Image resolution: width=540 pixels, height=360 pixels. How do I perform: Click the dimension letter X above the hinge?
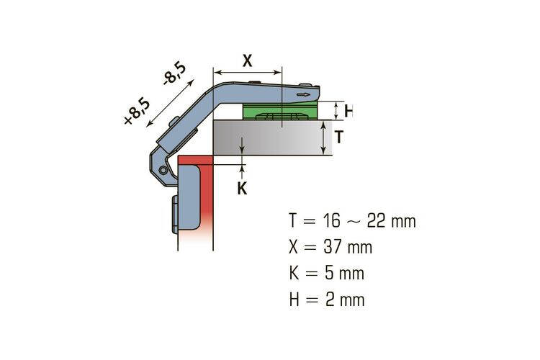pyautogui.click(x=247, y=61)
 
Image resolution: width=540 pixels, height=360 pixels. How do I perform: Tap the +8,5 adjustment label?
pyautogui.click(x=137, y=112)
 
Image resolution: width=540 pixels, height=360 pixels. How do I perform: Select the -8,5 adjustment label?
pyautogui.click(x=175, y=73)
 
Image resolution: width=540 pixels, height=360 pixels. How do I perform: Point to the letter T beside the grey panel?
pyautogui.click(x=339, y=137)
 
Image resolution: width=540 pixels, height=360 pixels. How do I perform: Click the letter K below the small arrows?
pyautogui.click(x=242, y=189)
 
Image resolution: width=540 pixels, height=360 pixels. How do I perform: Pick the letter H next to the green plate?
pyautogui.click(x=348, y=111)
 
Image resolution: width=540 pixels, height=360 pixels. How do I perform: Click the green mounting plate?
pyautogui.click(x=279, y=111)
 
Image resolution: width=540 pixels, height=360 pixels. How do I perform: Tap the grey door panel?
pyautogui.click(x=273, y=138)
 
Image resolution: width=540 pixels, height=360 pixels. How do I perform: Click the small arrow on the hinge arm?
pyautogui.click(x=303, y=95)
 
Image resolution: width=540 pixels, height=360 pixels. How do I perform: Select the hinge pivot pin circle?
pyautogui.click(x=163, y=170)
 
